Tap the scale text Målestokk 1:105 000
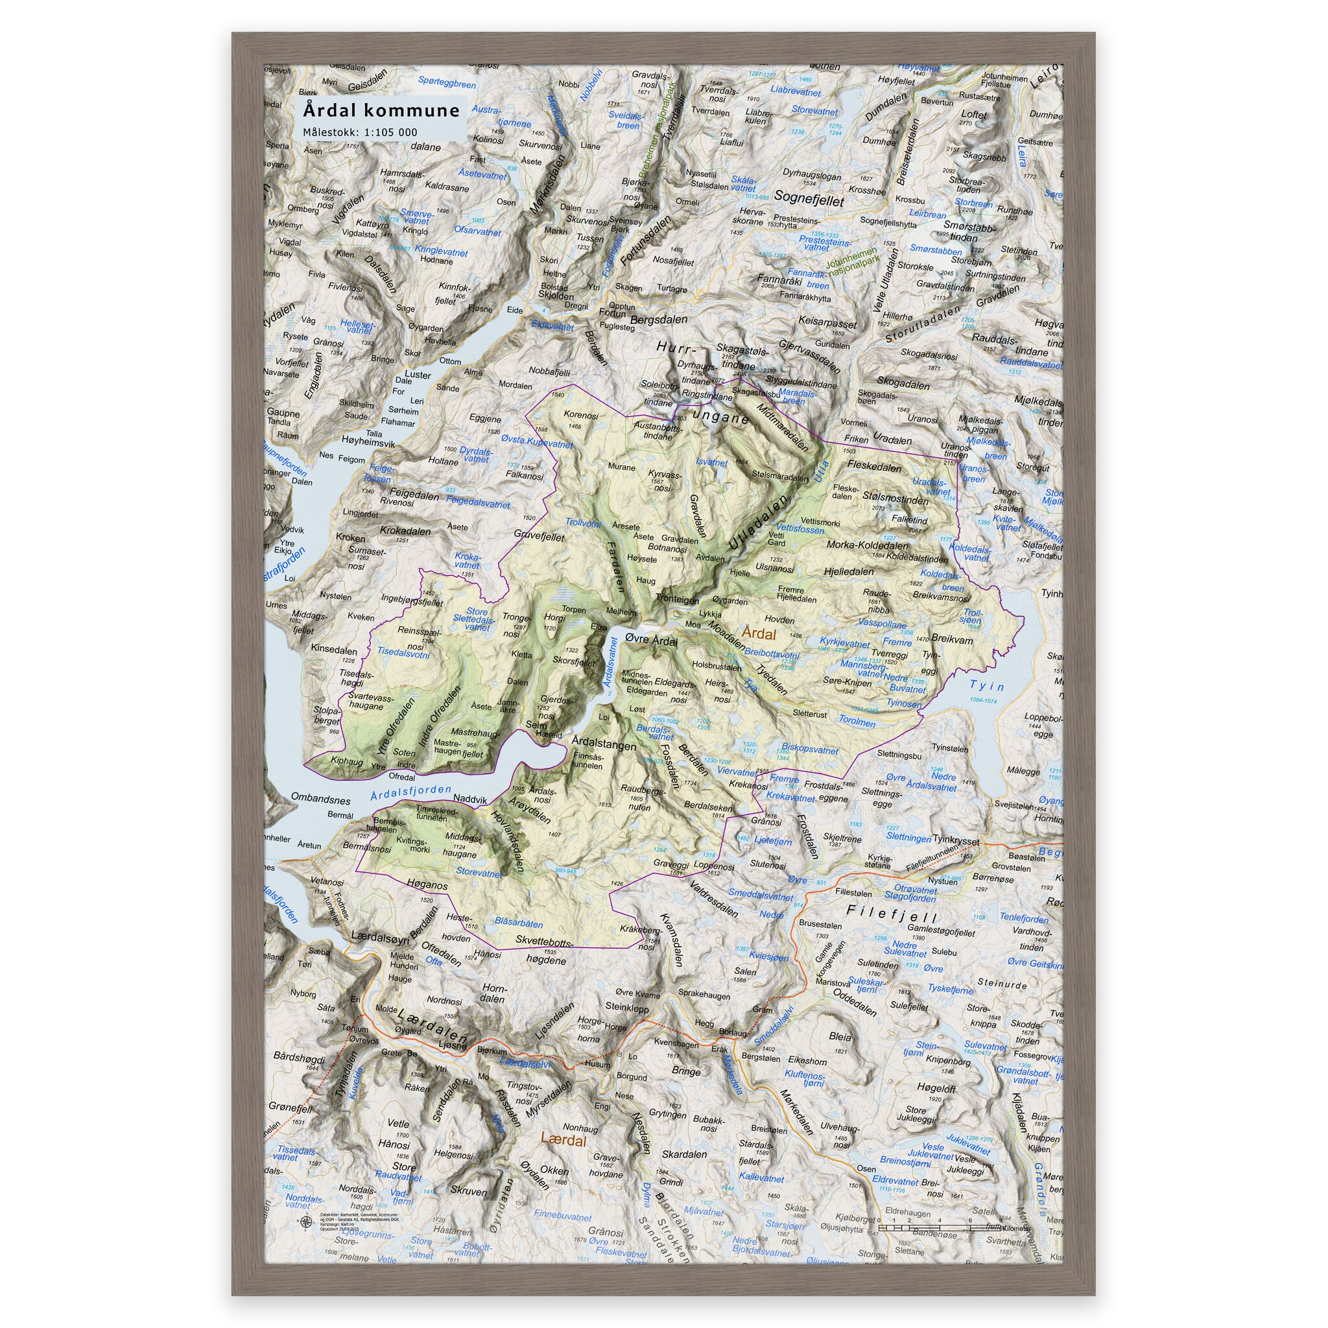(x=359, y=132)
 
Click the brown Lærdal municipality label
(x=563, y=1142)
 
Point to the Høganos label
(x=427, y=886)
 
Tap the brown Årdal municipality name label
(x=759, y=632)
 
